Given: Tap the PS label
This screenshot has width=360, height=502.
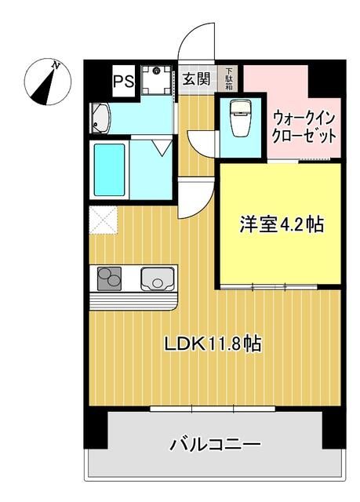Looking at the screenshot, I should point(122,79).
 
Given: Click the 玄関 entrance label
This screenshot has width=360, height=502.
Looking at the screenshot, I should point(196,78).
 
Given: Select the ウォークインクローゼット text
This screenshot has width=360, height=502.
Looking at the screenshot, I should point(304,126).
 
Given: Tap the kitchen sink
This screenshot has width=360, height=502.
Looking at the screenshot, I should point(157,278).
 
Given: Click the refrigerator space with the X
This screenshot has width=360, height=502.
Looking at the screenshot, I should point(103,220).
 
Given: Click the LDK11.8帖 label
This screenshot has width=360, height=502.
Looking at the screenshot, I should point(212,343).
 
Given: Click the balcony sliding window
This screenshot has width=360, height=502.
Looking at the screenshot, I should point(212,409).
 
